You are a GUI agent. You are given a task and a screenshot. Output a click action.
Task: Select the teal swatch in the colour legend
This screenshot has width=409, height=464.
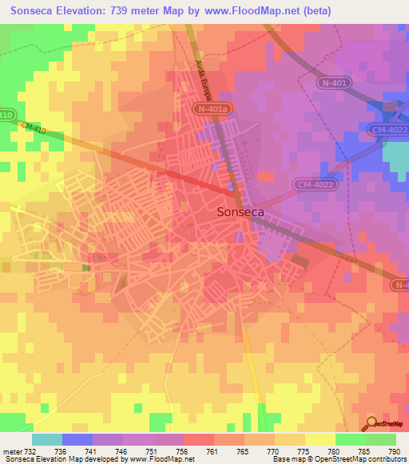pos(47,439)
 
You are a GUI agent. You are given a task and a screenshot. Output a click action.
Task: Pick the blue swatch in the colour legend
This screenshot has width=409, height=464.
pos(77,439)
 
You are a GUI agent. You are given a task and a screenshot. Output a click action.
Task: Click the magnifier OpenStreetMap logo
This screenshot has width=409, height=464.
pos(373,423)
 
